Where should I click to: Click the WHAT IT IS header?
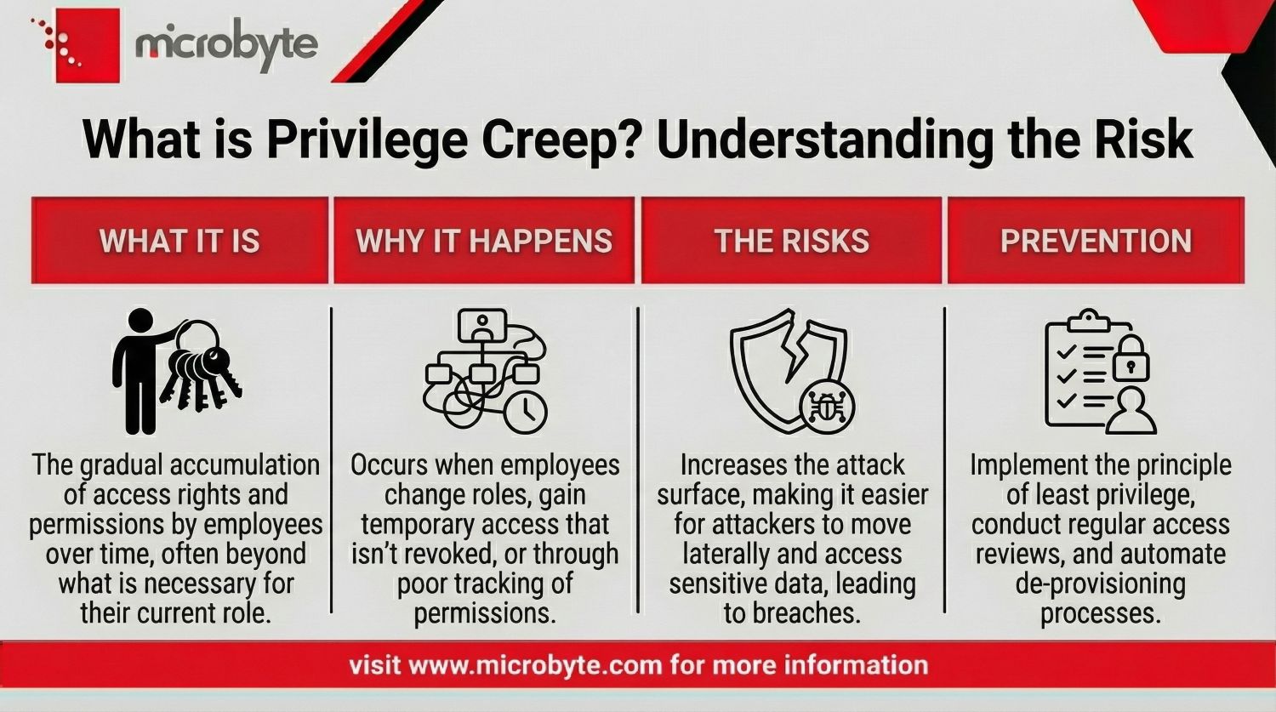click(x=179, y=241)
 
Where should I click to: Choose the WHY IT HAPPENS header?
click(x=484, y=241)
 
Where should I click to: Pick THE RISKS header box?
click(x=791, y=241)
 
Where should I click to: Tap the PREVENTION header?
click(x=1096, y=241)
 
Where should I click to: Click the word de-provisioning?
click(x=1100, y=584)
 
